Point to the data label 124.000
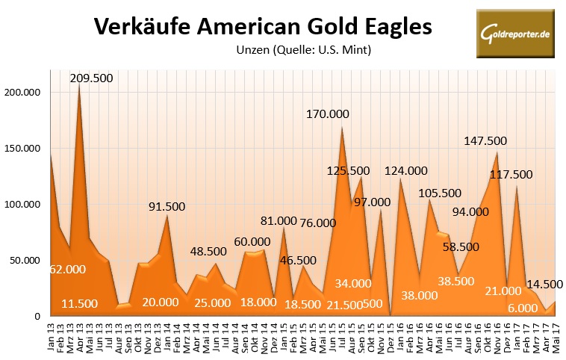click(406, 171)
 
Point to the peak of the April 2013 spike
click(80, 83)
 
